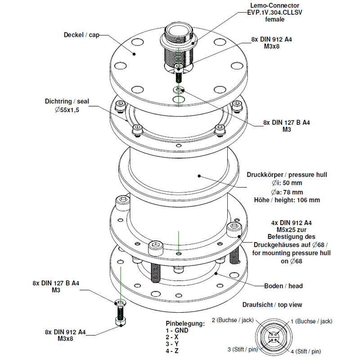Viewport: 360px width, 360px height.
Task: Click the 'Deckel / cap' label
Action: [x=81, y=35]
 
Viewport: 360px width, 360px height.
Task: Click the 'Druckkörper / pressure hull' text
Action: [x=287, y=175]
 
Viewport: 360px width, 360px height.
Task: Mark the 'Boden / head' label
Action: [x=283, y=286]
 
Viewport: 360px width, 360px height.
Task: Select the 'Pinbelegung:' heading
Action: [x=184, y=323]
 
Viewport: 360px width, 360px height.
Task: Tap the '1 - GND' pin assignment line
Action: [x=177, y=330]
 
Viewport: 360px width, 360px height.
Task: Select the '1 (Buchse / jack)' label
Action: [x=311, y=321]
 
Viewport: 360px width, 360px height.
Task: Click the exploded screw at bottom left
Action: [x=120, y=315]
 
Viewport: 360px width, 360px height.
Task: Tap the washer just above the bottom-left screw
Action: [x=121, y=302]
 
